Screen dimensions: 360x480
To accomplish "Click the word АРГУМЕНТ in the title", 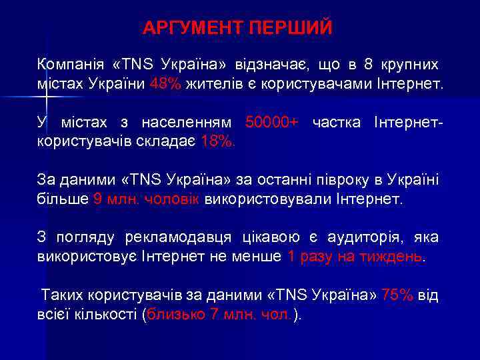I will (191, 29).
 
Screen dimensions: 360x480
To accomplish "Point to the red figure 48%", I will (165, 85).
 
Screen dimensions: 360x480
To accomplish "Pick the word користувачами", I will (295, 85).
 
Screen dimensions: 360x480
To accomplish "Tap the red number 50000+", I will (272, 123).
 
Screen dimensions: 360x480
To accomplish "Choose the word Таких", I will (63, 295).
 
